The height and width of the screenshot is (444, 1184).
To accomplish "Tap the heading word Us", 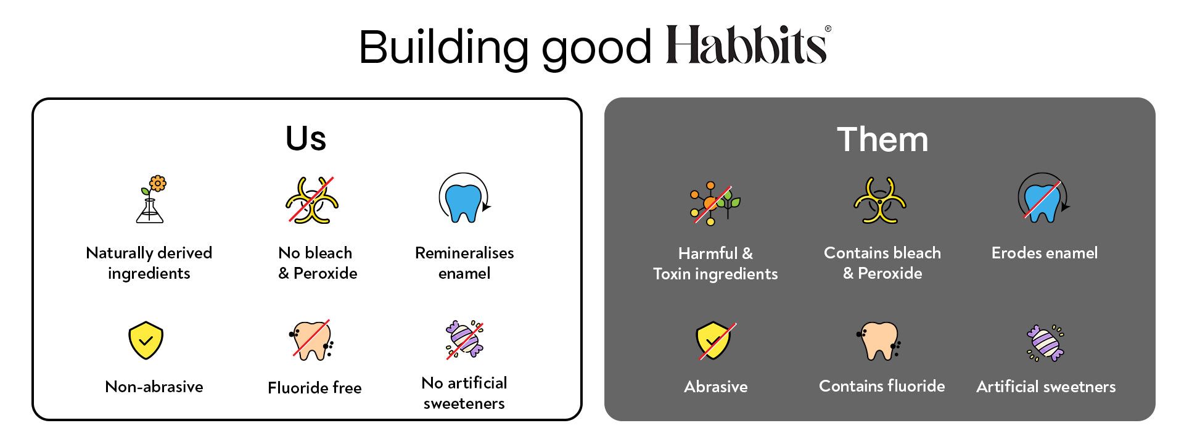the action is (306, 138).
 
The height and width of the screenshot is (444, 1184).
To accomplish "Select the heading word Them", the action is (882, 139).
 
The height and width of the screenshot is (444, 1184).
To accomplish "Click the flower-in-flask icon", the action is (151, 199).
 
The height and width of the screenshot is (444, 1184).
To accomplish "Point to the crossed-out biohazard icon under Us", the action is (312, 200).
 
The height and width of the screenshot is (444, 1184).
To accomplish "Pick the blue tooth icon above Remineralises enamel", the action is (464, 199).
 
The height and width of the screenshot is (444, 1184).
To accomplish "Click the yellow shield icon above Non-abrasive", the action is (146, 340).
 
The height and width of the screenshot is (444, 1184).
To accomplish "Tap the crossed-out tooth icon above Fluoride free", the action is (311, 340).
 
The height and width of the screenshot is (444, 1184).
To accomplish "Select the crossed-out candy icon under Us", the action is (464, 339).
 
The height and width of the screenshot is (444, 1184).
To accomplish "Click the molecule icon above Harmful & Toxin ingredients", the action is (715, 203).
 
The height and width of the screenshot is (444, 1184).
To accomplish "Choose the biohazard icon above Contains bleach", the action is (880, 200).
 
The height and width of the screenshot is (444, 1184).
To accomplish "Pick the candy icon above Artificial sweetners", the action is (1045, 343).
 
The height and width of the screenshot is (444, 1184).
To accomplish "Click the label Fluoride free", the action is (314, 387).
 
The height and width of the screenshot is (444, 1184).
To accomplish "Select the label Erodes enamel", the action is (1044, 253).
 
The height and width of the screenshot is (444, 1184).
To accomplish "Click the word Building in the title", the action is (443, 47).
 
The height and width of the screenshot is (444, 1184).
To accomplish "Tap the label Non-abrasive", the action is (154, 387).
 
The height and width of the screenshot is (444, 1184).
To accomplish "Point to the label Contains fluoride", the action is (882, 386).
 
